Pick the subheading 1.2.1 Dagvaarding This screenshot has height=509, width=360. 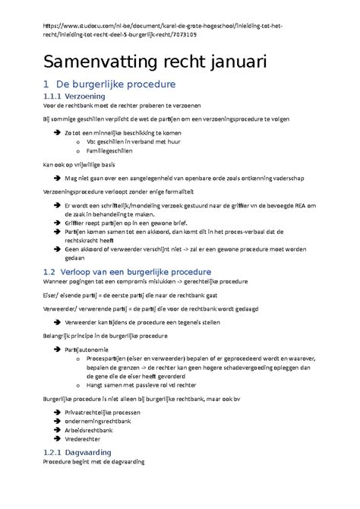[77, 452]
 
